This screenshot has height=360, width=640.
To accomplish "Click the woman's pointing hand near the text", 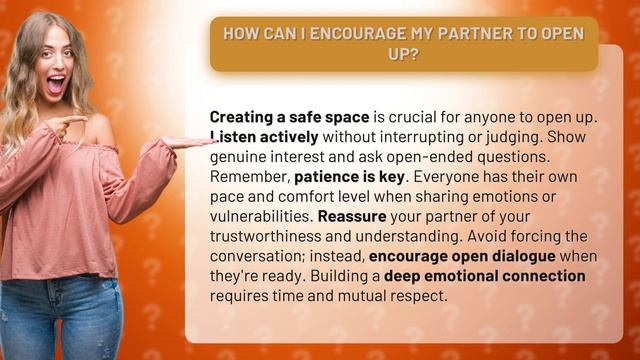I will tap(190, 143).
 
